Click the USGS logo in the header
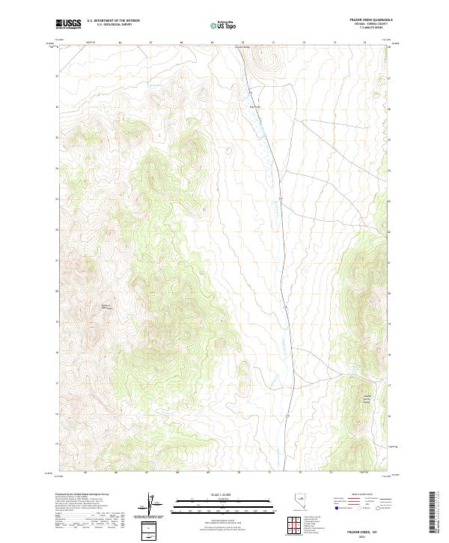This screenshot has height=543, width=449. pos(69,24)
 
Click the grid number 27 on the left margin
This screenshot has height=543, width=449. pos(55,76)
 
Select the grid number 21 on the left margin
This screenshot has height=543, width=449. pos(55,261)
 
